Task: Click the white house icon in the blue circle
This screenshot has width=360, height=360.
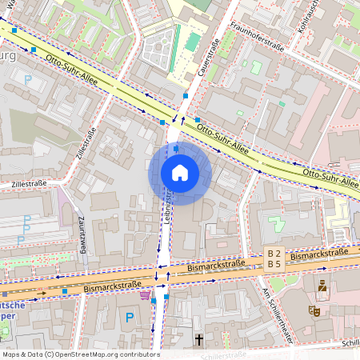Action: (180, 172)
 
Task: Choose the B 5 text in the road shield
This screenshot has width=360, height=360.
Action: (274, 264)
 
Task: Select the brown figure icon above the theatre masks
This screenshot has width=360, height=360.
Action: (322, 285)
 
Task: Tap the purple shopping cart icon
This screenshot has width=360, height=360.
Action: (145, 296)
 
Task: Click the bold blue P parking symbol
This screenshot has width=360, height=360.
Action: (130, 318)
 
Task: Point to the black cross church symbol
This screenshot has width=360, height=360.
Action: (198, 339)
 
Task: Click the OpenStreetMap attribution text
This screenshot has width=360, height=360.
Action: (80, 354)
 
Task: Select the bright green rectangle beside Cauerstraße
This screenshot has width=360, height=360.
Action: (193, 41)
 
